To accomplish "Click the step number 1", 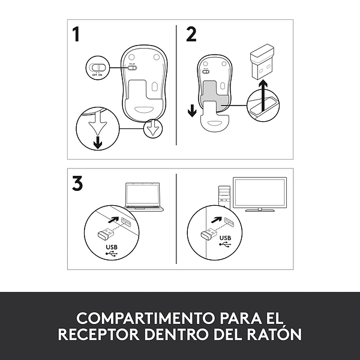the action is [76, 34].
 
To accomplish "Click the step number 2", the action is [191, 34].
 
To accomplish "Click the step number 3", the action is [77, 183].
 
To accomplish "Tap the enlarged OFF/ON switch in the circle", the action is [98, 67].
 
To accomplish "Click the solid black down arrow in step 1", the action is [98, 142].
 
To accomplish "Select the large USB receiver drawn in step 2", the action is [262, 62].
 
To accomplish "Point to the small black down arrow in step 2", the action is [192, 110].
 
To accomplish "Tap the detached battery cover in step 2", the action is [215, 121].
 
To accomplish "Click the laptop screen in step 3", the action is [143, 194].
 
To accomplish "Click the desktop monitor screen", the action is [260, 193].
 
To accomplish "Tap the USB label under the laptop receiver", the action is [112, 247].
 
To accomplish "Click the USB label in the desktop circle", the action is [225, 238].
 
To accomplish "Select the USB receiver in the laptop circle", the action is [106, 234].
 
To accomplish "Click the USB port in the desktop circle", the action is [229, 222].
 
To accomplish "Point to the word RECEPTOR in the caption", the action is [99, 334].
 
